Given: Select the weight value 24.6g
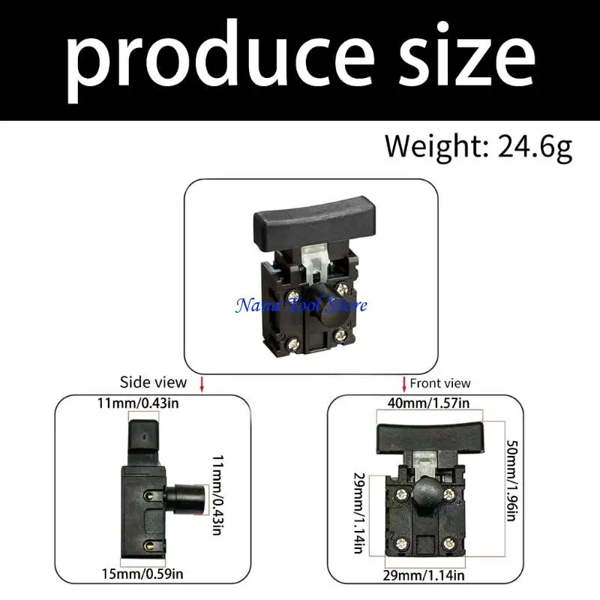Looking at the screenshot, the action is [535, 147].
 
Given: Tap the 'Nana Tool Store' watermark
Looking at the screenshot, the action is [301, 306].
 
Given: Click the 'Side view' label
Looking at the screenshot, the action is [153, 382].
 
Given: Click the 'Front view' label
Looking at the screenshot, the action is [440, 383].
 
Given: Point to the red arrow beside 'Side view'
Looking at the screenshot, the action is [202, 384].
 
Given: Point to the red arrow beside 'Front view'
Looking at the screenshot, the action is [404, 384].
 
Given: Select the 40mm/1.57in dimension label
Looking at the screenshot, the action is [428, 403].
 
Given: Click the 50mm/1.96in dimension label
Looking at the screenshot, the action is [512, 480].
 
